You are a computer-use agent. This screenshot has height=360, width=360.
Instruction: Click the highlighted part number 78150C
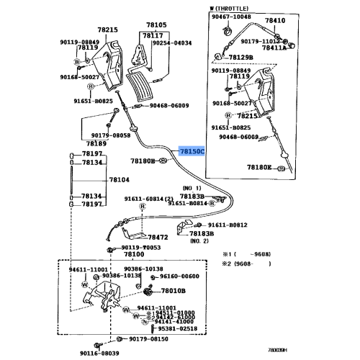pos(192,152)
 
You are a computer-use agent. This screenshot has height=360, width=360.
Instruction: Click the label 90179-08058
pos(110,135)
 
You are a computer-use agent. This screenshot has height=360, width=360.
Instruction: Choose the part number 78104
pos(120,179)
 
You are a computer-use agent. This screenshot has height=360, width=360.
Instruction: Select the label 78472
pos(158,237)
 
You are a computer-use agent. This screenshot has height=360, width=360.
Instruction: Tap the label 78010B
pos(173,292)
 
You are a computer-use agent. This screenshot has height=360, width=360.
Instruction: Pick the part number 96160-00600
pos(179,276)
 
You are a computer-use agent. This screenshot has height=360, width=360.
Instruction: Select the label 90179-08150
pos(149,339)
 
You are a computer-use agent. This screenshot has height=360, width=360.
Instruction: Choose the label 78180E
pos(260,167)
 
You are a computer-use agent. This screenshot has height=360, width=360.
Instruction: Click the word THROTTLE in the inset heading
pos(238,8)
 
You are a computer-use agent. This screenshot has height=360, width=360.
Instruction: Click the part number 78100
pos(133,254)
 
